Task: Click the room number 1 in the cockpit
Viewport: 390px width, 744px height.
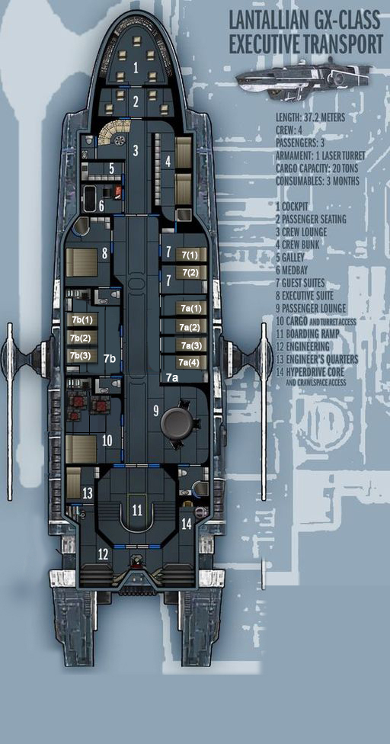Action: (x=136, y=68)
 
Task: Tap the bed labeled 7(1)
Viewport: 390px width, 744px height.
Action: (x=191, y=255)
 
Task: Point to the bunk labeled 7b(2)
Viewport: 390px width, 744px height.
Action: (x=82, y=338)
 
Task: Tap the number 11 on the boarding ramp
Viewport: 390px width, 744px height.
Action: (x=137, y=511)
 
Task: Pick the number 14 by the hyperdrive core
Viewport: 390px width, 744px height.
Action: (x=187, y=524)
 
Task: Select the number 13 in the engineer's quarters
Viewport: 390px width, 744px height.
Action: (x=87, y=493)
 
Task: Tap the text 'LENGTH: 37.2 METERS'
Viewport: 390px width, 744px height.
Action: (x=310, y=118)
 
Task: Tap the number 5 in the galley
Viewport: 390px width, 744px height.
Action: (x=112, y=168)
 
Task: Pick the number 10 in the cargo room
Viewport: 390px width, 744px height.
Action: (x=107, y=440)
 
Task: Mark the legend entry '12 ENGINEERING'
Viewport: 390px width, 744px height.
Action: (x=302, y=345)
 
